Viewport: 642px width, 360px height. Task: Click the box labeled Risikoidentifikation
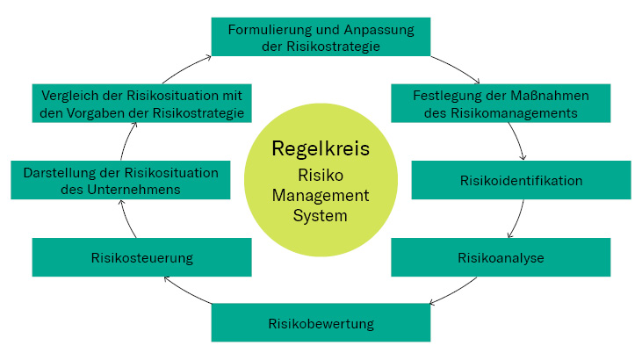pyautogui.click(x=521, y=180)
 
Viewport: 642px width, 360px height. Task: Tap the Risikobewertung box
pyautogui.click(x=321, y=323)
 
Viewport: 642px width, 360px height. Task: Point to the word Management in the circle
pyautogui.click(x=321, y=194)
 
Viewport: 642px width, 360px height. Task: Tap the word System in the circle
pyautogui.click(x=321, y=214)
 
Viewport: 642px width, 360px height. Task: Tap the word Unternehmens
pyautogui.click(x=140, y=189)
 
